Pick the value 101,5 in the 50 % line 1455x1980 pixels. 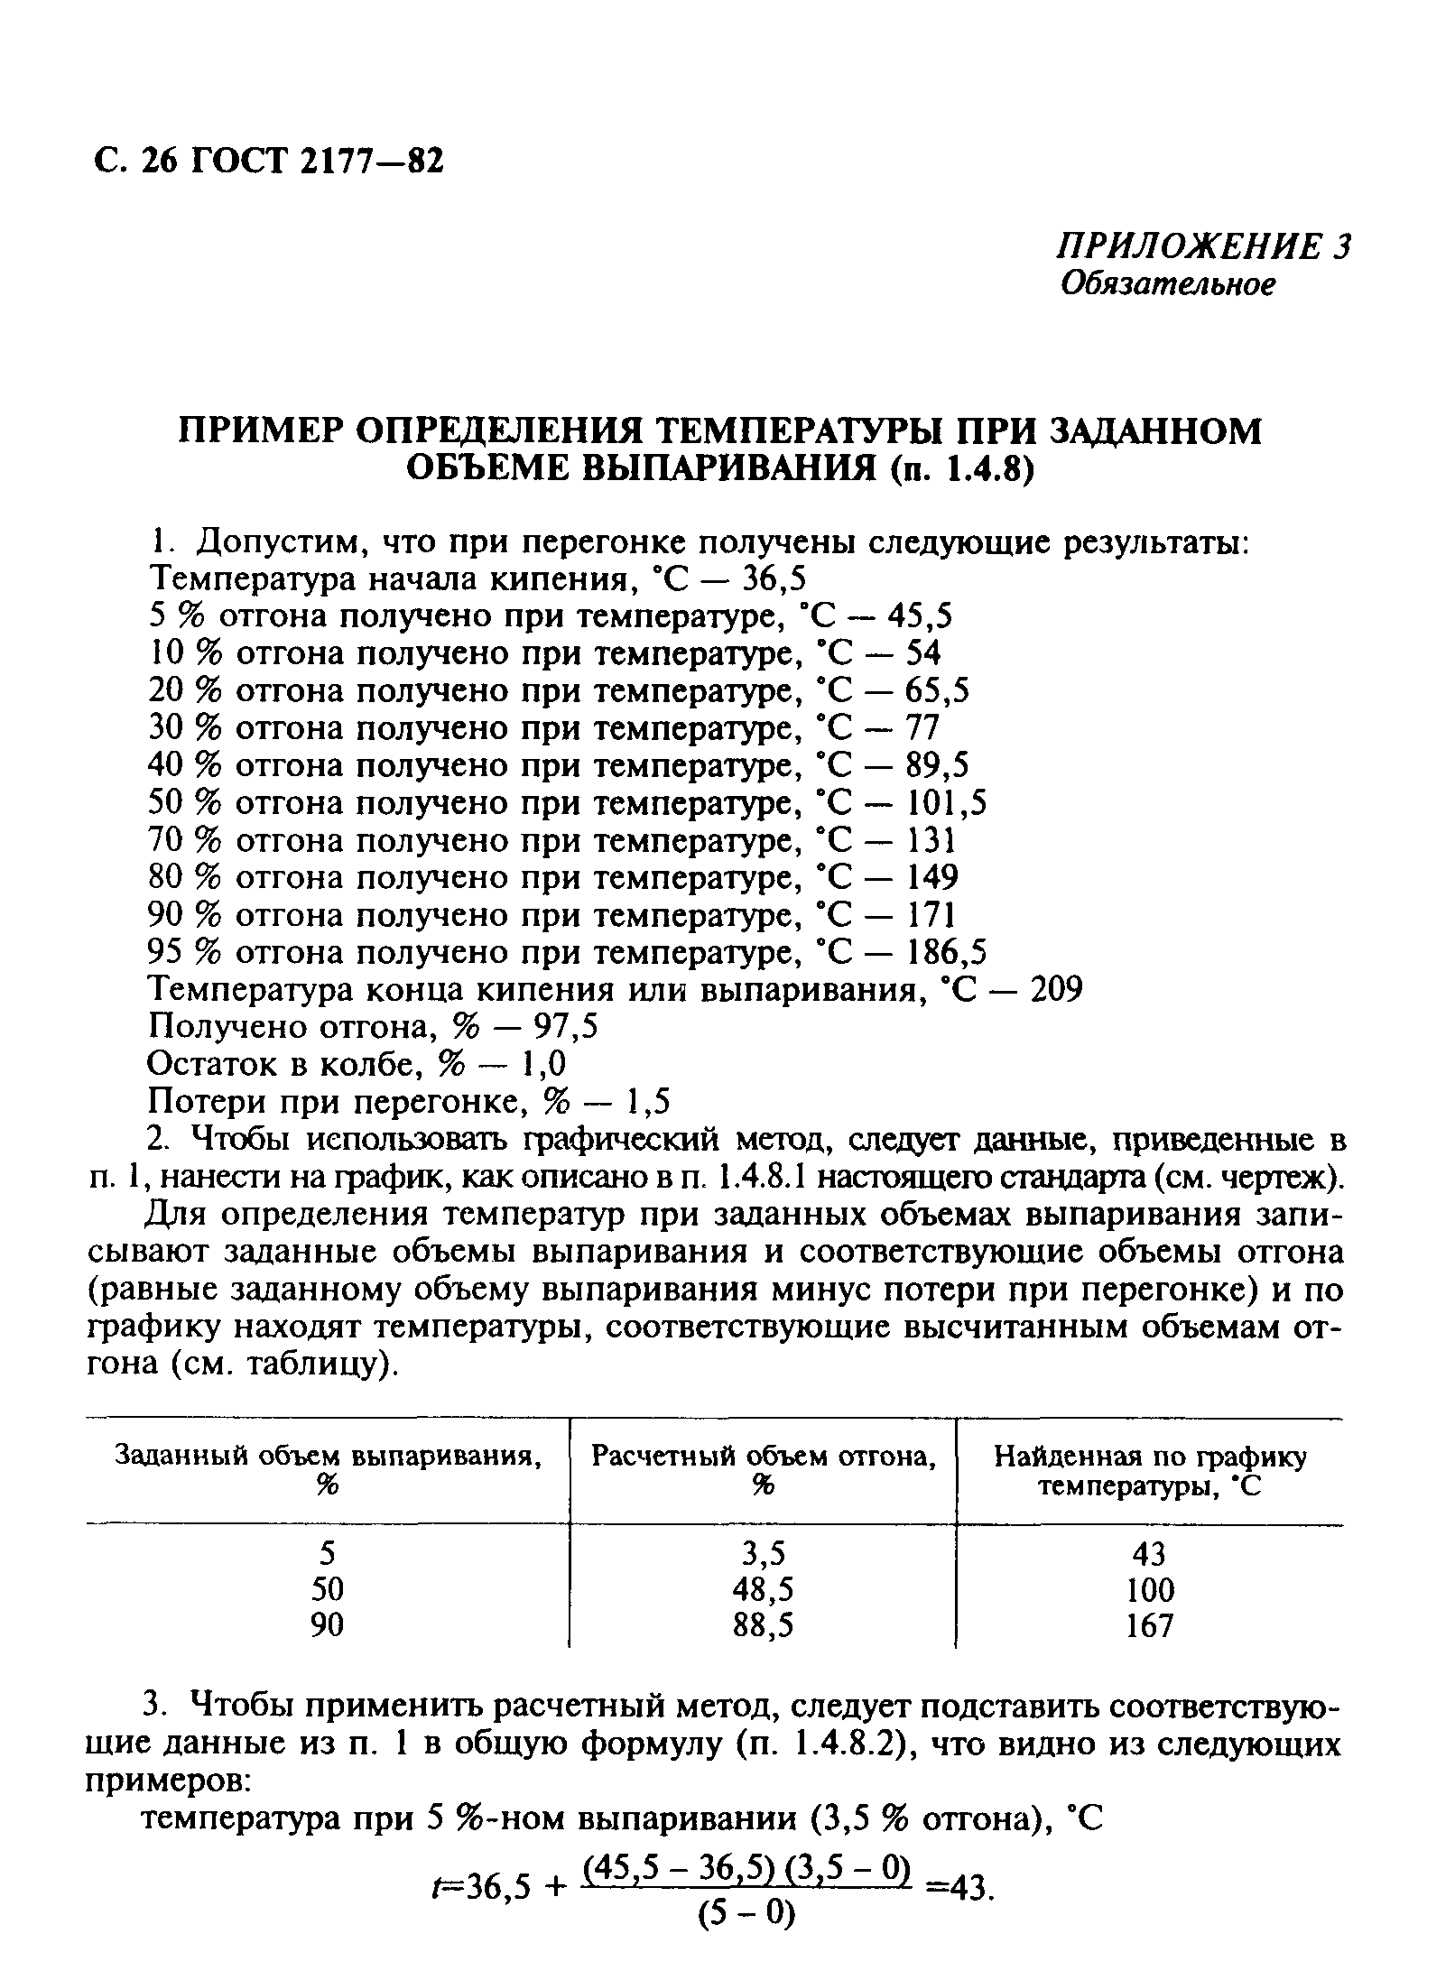point(948,802)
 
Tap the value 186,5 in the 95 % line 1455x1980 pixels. point(948,952)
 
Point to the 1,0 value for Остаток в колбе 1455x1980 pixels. point(545,1065)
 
